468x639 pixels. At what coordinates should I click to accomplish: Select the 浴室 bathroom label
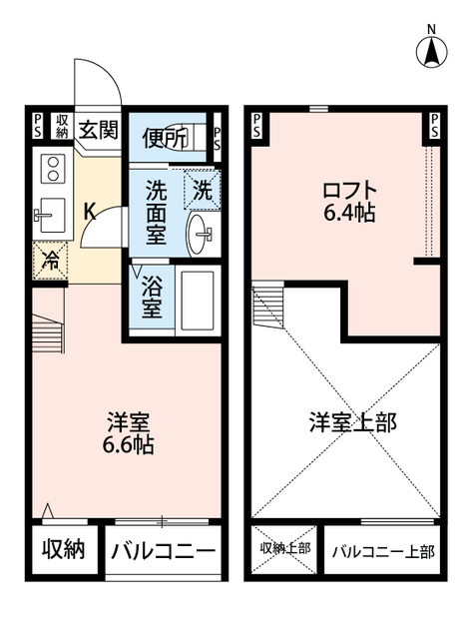153,295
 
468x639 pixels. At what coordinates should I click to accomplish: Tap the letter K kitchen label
89,212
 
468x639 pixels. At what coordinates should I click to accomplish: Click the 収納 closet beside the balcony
63,549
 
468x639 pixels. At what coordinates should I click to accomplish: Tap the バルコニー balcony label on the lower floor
163,550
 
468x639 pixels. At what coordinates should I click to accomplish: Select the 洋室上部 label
351,421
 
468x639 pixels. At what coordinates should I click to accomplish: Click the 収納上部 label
285,549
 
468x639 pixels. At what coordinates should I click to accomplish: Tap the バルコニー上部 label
383,550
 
